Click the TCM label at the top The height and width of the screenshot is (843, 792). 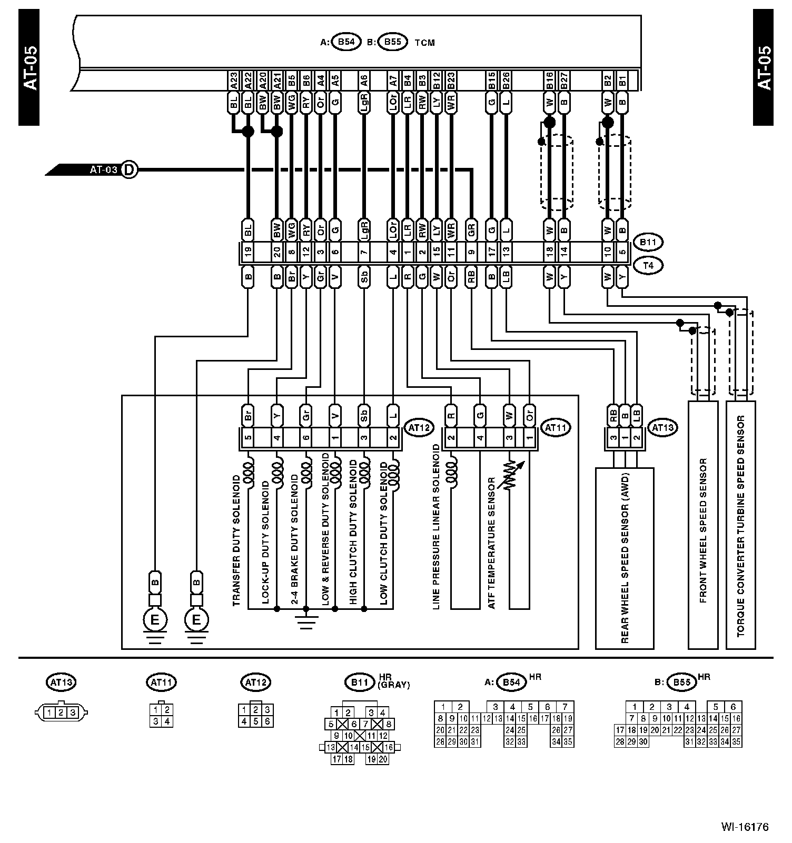click(424, 43)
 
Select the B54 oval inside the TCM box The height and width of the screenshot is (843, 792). click(346, 42)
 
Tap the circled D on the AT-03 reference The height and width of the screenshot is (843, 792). click(129, 170)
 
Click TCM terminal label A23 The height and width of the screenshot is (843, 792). click(233, 81)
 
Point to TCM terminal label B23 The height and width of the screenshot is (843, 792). click(451, 81)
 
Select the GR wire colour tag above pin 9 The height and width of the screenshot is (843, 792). click(471, 229)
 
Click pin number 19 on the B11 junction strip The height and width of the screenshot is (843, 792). click(248, 253)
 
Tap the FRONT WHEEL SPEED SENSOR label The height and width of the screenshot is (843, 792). click(703, 530)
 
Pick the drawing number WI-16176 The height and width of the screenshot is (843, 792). click(745, 827)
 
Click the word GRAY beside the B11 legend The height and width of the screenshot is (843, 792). click(393, 685)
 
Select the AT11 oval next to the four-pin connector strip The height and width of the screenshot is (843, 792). click(556, 428)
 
